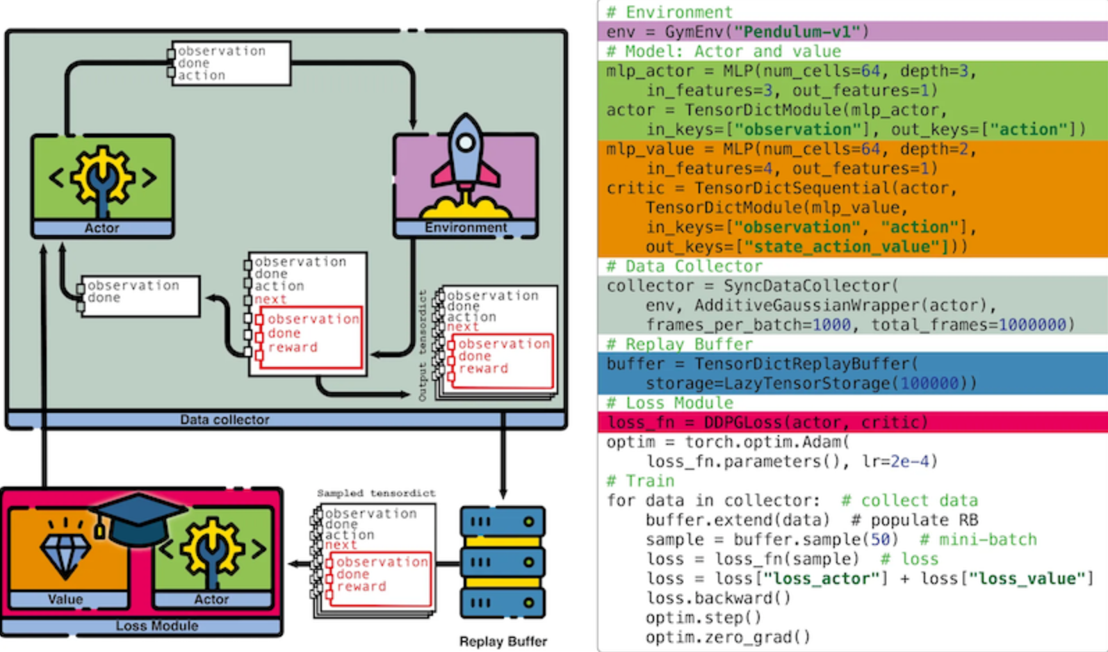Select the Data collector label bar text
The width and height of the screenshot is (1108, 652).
224,420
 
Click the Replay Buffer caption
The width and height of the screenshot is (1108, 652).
503,642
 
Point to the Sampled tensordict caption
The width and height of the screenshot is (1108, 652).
376,493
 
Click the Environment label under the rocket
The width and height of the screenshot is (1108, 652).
465,228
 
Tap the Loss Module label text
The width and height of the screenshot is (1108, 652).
156,626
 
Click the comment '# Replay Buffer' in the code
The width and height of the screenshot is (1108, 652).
679,344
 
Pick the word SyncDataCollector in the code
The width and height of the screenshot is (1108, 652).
806,286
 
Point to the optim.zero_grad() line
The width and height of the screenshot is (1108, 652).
728,637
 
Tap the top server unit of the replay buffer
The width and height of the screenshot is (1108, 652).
503,521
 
